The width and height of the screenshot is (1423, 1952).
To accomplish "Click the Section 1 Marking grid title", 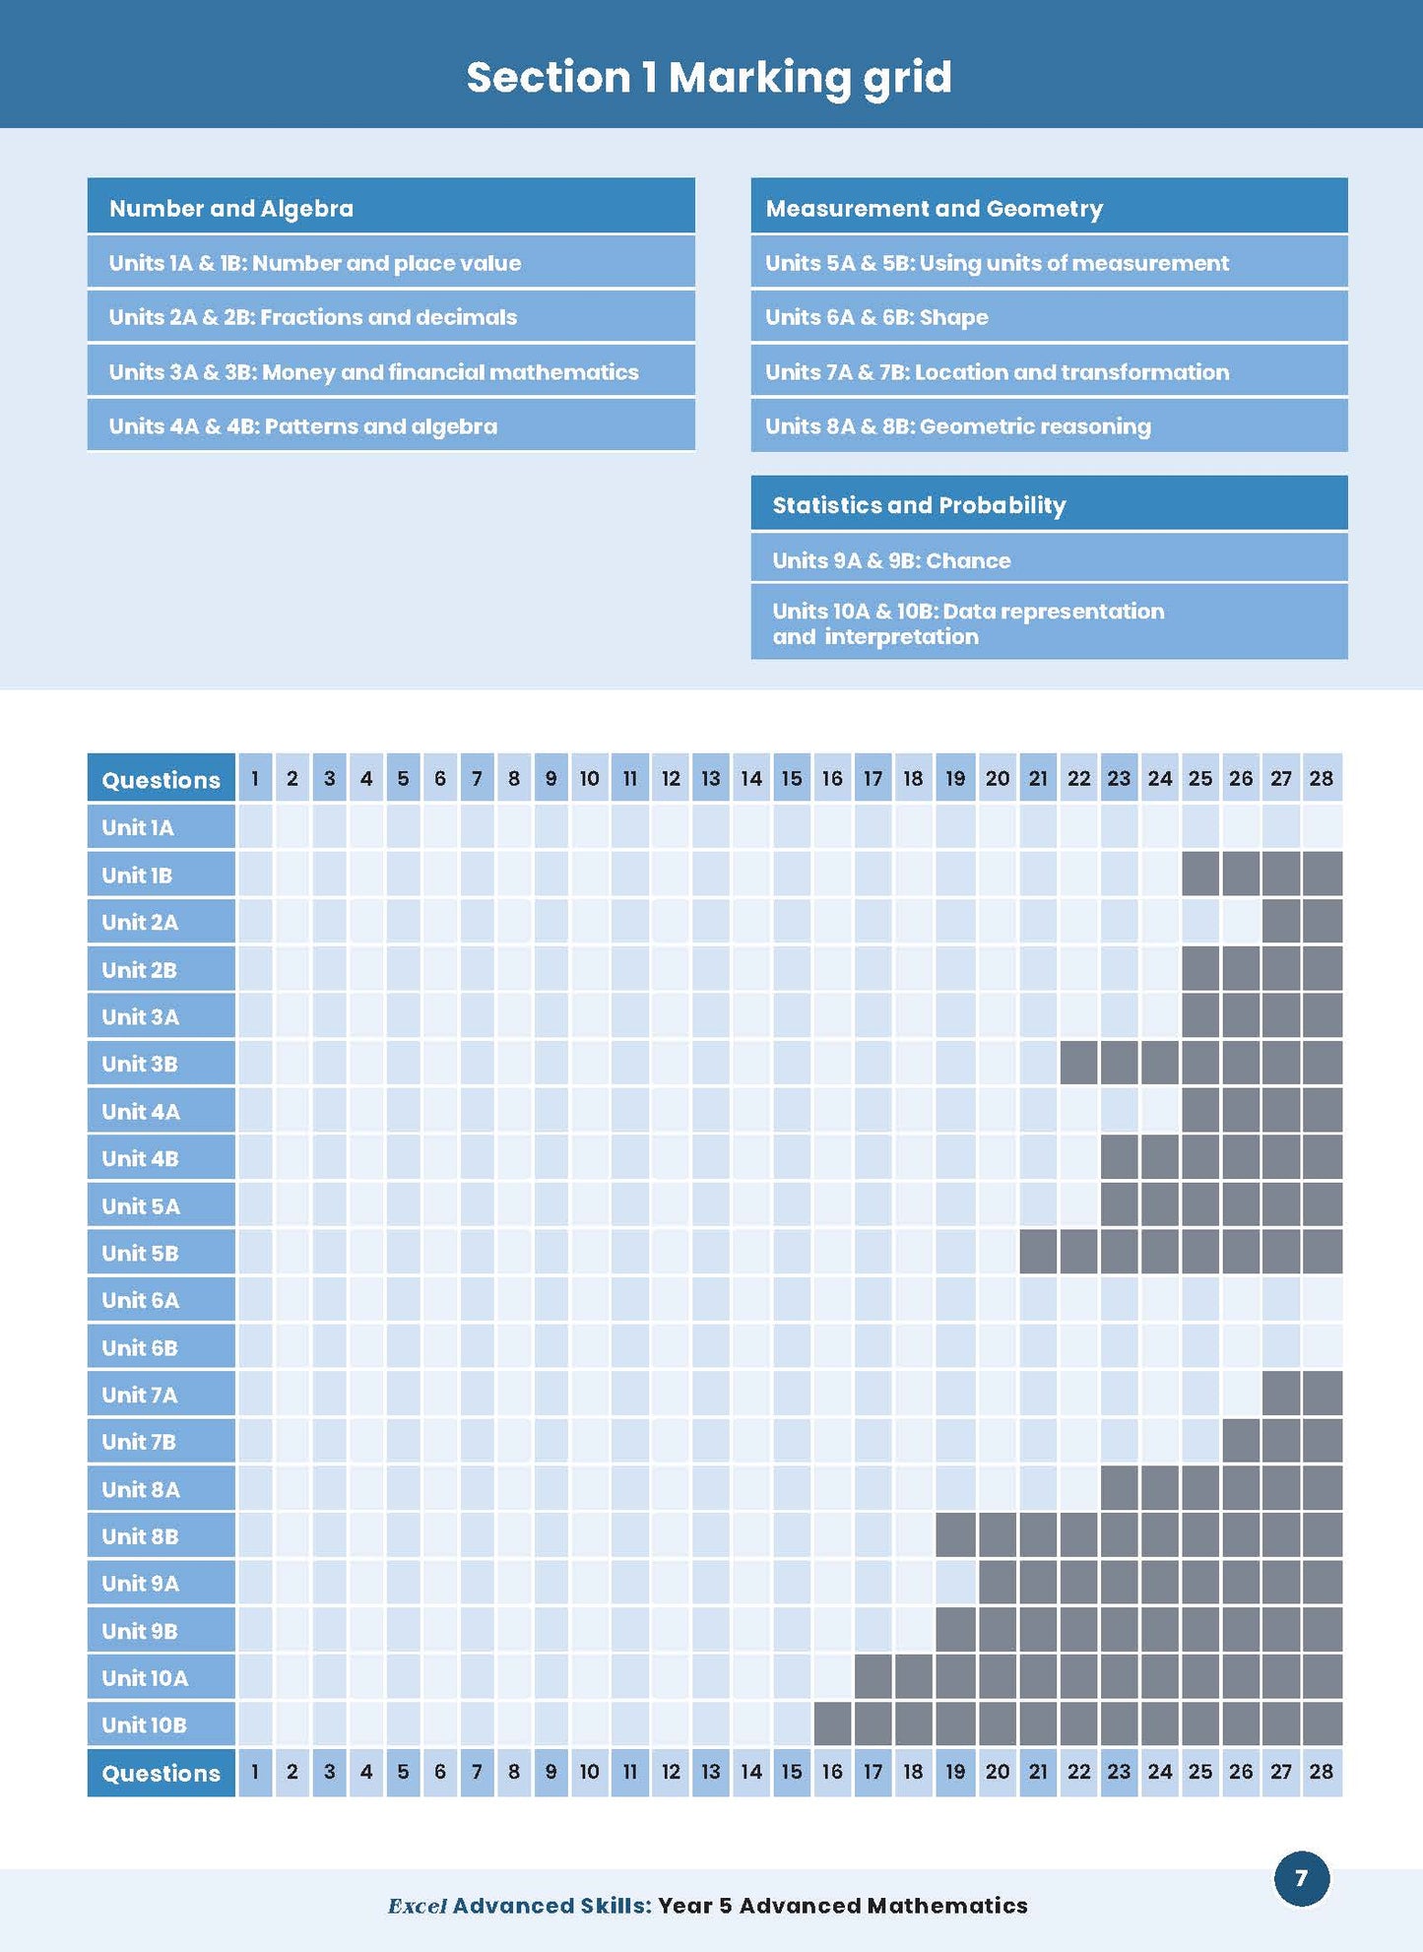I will (709, 78).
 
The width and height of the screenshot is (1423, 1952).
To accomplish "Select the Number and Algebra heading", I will (231, 208).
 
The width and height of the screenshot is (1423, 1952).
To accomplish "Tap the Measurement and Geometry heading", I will (934, 208).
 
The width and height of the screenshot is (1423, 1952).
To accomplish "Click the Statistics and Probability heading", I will (919, 505).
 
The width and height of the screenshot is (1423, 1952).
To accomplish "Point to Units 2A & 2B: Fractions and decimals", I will (313, 317).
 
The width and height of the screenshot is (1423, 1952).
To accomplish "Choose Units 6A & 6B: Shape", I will (876, 317).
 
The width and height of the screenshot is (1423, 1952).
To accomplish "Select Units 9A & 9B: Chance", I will (891, 560).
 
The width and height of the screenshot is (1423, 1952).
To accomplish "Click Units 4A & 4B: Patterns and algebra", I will (303, 426).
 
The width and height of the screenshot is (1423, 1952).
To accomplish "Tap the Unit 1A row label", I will (138, 827).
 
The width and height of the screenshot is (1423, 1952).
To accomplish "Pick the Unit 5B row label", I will (140, 1253).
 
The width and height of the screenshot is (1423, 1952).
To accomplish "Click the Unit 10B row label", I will (144, 1724).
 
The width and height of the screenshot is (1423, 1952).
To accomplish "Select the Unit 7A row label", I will (140, 1395).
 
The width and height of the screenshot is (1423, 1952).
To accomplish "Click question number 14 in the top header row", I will (751, 779).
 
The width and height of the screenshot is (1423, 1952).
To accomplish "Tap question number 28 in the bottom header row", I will (1321, 1772).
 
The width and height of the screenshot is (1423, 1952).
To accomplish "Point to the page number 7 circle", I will (1301, 1878).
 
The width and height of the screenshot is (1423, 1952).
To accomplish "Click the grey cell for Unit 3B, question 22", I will (1078, 1064).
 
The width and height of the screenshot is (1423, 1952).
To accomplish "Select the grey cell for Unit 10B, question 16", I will (832, 1724).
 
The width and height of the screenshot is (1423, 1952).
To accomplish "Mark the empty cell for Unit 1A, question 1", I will (255, 827).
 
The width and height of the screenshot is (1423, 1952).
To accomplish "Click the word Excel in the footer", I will (418, 1906).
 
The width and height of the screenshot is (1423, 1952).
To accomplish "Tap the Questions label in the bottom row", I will (161, 1773).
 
